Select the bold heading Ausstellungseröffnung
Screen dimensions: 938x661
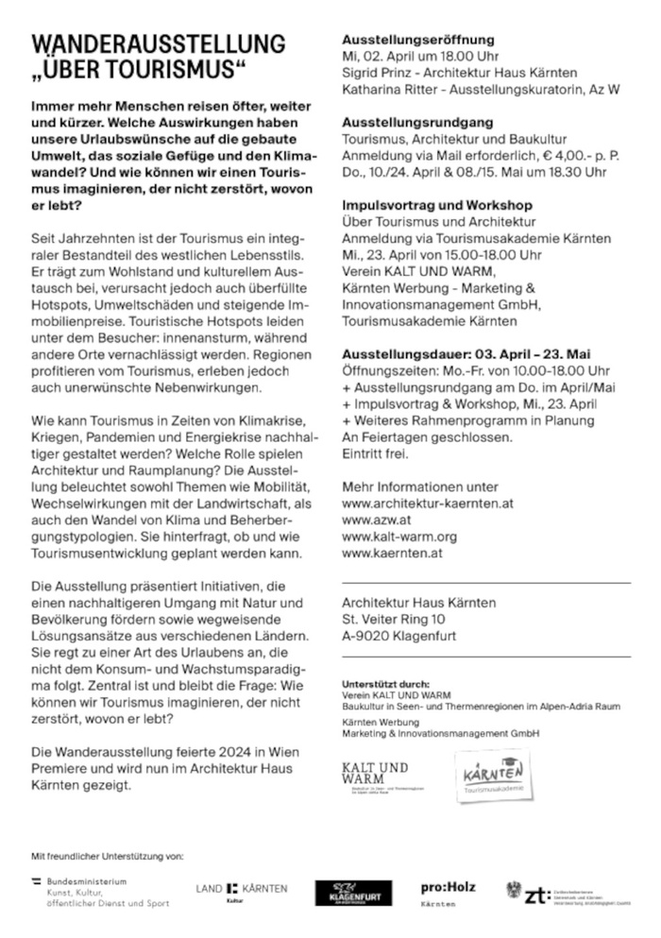(418, 40)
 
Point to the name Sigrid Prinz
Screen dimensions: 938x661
(377, 72)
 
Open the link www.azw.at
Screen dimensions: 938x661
(376, 520)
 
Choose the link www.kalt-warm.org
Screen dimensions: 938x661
(399, 537)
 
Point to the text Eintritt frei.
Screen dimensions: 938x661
(376, 454)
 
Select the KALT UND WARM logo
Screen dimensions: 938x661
(376, 775)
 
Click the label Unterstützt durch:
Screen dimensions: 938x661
(384, 683)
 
